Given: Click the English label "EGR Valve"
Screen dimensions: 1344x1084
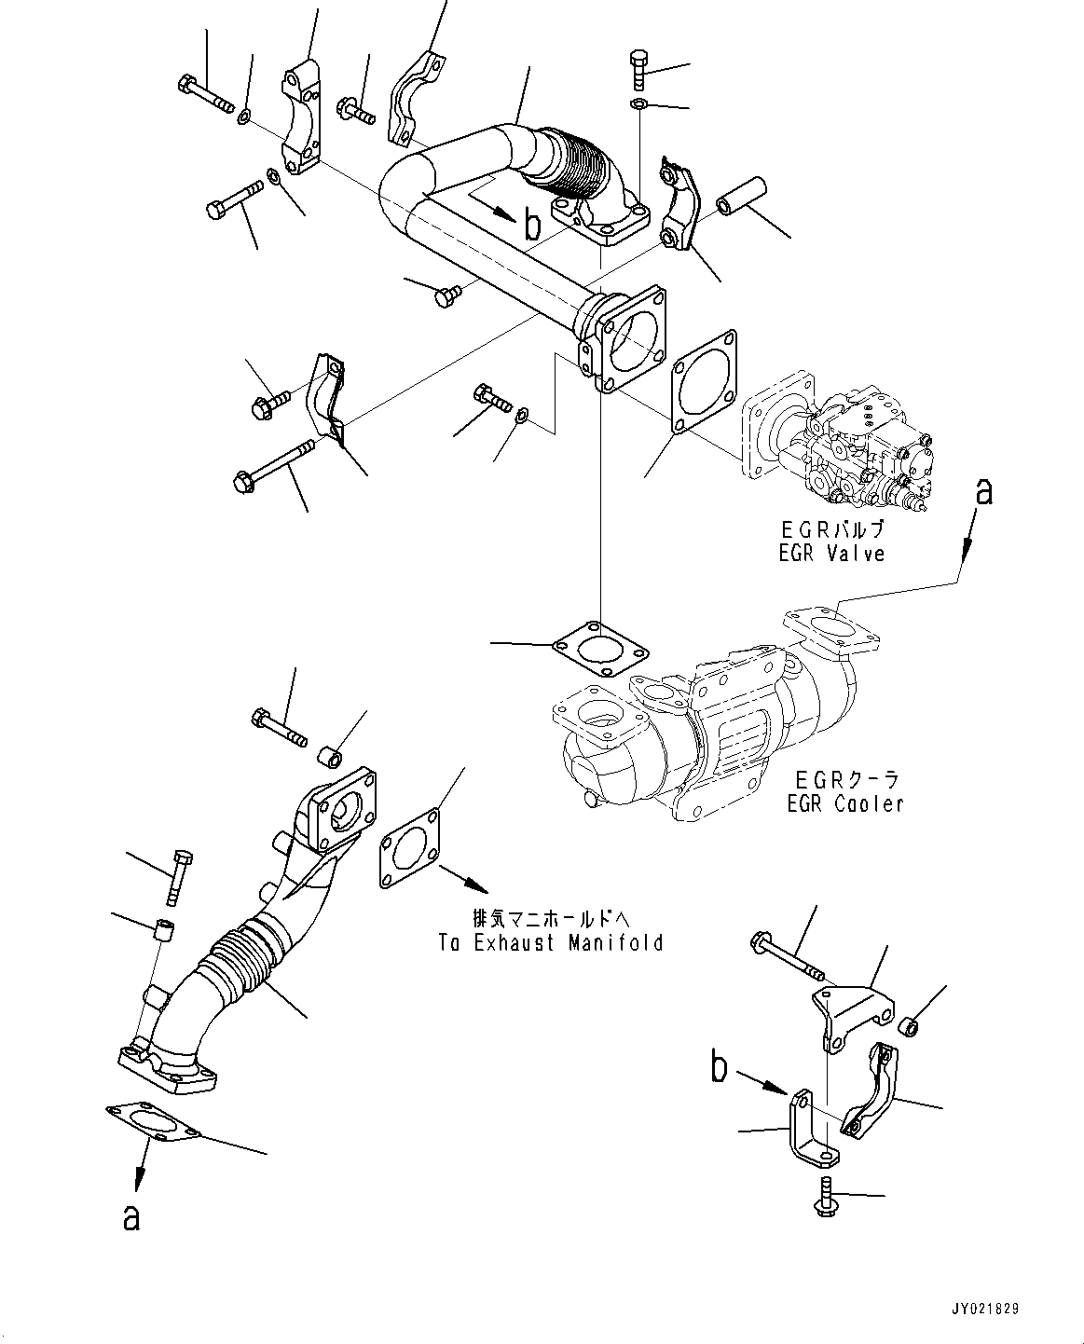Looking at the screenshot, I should coord(831,554).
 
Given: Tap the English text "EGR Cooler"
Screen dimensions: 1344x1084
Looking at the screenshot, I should coord(844,802).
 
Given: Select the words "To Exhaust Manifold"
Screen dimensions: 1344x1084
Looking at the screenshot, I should coord(551,942).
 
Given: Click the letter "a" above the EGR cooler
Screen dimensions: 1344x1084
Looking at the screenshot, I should coord(982,492).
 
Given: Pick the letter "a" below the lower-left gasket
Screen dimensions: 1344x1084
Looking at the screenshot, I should coord(131,1216).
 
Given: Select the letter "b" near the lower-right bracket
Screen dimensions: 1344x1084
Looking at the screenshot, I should coord(718,1068).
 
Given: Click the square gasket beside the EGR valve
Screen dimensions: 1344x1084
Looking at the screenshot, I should coord(704,382).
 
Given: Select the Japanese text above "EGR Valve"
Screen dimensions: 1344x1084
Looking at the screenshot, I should coord(831,529).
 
